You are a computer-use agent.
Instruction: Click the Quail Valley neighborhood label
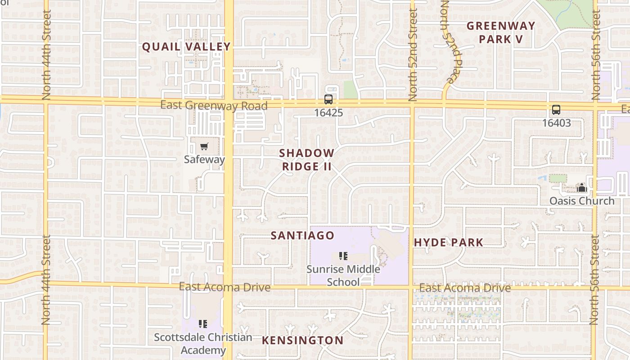tap(186, 46)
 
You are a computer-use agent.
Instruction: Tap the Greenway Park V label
tap(501, 32)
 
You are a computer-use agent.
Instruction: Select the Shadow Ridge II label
tap(307, 160)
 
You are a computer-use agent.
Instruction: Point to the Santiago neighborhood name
tap(302, 235)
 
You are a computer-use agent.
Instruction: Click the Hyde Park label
tap(449, 243)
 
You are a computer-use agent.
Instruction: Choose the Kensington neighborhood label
tap(302, 340)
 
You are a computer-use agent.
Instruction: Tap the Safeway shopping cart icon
tap(204, 146)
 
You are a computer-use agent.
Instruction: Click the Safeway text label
tap(204, 159)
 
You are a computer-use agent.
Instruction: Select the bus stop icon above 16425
tap(328, 99)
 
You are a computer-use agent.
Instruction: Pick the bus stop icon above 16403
tap(556, 110)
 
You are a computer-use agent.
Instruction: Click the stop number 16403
tap(556, 123)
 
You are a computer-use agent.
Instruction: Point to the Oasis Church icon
tap(581, 188)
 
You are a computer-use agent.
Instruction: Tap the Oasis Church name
tap(581, 201)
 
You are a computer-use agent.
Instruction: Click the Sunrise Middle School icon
tap(343, 256)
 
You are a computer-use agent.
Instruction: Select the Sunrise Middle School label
tap(343, 275)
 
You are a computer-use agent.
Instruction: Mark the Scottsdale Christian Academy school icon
tap(203, 324)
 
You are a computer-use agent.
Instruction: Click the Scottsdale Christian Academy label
tap(203, 343)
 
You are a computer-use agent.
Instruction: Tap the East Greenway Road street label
tap(214, 106)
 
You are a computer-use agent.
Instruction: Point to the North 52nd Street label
tap(413, 54)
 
